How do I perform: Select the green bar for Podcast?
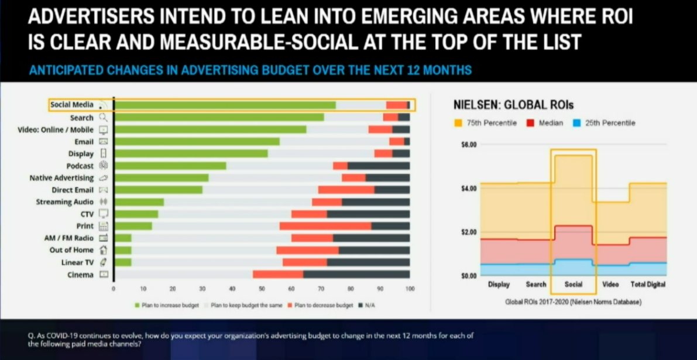tap(170, 166)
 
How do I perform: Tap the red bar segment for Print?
tap(325, 226)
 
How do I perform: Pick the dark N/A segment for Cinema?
tap(356, 274)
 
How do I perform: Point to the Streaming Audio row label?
tap(64, 202)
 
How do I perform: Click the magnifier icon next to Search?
tap(103, 118)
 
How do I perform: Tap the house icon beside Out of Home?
tap(103, 250)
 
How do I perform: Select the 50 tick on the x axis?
tap(262, 289)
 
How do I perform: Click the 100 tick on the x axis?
tap(410, 289)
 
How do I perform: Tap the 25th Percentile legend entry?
tap(609, 123)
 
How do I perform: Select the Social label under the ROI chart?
tap(574, 284)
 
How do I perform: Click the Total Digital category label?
tap(648, 284)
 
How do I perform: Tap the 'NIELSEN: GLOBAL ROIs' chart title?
tap(514, 105)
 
